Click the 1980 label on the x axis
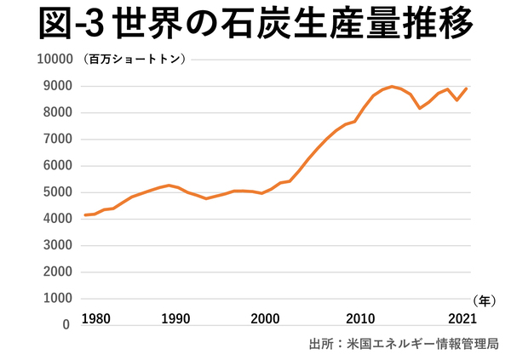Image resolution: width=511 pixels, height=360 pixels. [x=96, y=318]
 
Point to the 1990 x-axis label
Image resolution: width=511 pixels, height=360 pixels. [x=175, y=318]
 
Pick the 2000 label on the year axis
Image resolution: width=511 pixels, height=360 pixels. [x=266, y=318]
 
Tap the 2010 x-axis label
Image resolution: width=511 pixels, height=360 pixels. [x=361, y=318]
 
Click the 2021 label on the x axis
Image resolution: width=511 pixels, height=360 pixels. [x=461, y=318]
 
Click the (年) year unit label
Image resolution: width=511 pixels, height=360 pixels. [x=482, y=300]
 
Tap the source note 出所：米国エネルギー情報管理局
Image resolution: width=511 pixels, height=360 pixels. [x=403, y=344]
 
